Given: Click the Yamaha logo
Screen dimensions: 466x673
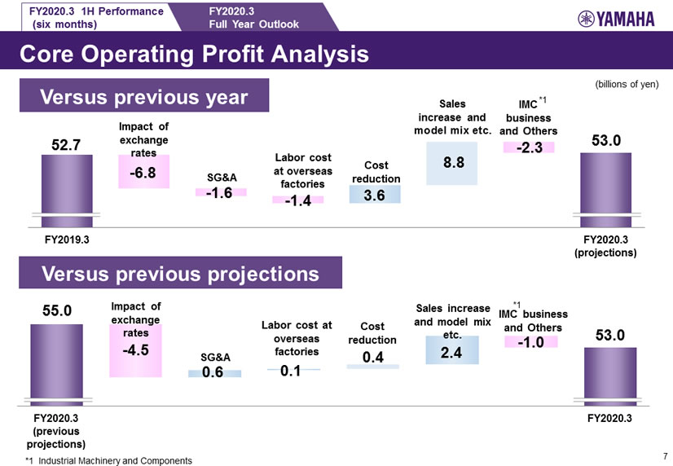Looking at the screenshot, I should [618, 20].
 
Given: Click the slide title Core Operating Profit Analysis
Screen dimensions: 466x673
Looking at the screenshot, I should [193, 55].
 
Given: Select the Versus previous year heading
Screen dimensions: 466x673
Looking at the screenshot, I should [144, 97].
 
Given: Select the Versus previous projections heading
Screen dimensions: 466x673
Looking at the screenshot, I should [180, 273].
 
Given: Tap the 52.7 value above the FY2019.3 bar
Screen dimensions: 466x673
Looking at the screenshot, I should [65, 145].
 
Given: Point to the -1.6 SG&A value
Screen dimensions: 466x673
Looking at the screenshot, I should [219, 192].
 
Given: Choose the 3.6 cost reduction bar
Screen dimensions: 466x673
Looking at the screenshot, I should [375, 195].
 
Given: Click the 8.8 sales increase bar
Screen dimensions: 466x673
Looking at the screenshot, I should [454, 163].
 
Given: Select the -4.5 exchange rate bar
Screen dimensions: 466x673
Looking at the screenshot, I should [135, 350].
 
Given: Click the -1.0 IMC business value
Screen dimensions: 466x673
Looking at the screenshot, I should [530, 342].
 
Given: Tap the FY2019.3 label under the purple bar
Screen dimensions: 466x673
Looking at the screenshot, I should [67, 242].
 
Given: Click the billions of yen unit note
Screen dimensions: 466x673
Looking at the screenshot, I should [627, 84].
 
